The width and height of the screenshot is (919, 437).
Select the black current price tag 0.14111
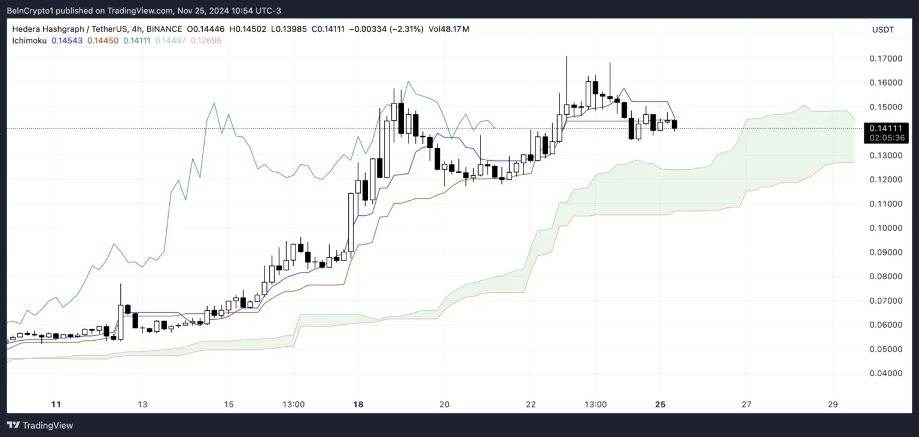point(883,128)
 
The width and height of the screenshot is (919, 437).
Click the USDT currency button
point(883,30)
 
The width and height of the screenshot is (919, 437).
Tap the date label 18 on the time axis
point(358,404)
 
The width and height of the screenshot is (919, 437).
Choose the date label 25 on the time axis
point(661,404)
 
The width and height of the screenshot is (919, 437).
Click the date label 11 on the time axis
point(56,404)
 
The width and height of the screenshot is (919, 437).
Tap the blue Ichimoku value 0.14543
point(68,40)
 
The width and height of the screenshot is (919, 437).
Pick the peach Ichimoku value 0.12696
point(205,40)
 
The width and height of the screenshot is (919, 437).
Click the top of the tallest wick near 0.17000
point(567,56)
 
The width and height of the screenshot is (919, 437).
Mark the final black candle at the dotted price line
point(675,124)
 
